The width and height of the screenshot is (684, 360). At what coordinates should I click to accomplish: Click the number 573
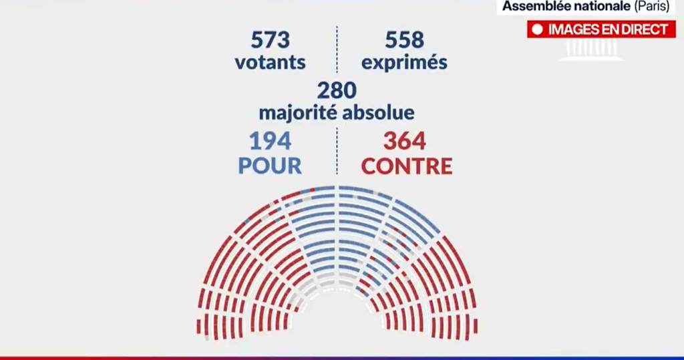click(271, 40)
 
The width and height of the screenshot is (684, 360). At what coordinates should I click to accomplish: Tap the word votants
click(271, 62)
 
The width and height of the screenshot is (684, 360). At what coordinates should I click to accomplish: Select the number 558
click(404, 40)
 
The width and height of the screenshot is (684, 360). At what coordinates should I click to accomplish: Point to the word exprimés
click(404, 63)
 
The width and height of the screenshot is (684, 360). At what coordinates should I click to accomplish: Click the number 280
click(337, 90)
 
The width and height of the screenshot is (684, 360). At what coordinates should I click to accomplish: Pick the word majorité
click(297, 112)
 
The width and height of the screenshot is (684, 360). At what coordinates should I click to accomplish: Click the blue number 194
click(271, 142)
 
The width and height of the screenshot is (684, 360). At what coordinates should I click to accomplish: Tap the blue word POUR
click(271, 165)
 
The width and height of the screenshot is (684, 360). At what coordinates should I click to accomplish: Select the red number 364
click(404, 142)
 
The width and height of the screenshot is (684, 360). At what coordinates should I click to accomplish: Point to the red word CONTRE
click(407, 165)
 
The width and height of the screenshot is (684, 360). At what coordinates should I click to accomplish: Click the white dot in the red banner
click(536, 29)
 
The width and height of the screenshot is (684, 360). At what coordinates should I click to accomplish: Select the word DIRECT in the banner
click(645, 29)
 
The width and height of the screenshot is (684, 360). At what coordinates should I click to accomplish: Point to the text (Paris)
click(651, 7)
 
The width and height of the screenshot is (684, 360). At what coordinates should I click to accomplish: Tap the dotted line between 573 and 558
click(337, 50)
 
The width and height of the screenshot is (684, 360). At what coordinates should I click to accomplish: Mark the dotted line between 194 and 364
click(337, 152)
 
